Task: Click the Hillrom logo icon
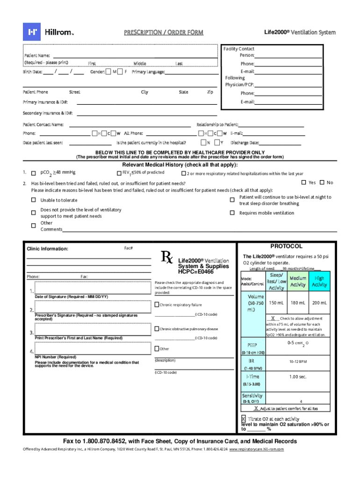[x=32, y=32]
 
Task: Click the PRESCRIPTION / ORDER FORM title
[x=164, y=32]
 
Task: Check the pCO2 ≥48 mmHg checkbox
[x=33, y=173]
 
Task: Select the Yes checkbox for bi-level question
[x=303, y=182]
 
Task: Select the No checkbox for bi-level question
[x=322, y=182]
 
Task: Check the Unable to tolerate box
[x=33, y=200]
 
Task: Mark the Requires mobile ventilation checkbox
[x=232, y=213]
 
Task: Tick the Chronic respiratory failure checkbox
[x=157, y=305]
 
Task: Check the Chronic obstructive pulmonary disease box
[x=157, y=329]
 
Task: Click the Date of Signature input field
[x=92, y=288]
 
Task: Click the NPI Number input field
[x=92, y=348]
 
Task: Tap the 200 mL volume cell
[x=320, y=303]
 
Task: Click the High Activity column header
[x=320, y=282]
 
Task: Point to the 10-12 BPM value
[x=298, y=362]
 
